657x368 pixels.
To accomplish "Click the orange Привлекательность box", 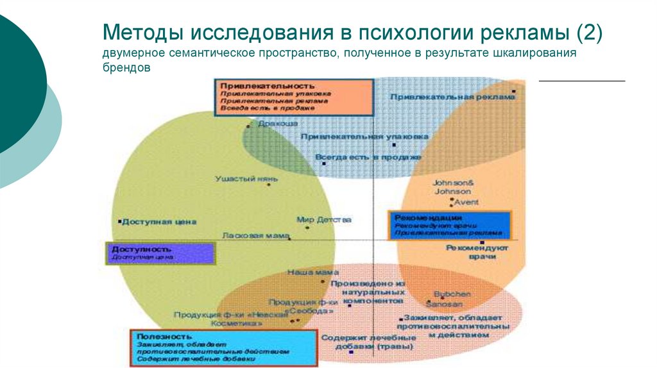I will pos(294,96).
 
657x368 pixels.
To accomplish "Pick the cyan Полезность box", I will pos(223,347).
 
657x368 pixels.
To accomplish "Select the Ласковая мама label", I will pos(255,235).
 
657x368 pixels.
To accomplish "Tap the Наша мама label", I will pos(303,272).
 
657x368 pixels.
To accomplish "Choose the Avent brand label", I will pos(466,203).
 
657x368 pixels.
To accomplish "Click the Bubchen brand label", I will pos(452,293).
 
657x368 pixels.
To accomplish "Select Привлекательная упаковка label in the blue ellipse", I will pos(364,137).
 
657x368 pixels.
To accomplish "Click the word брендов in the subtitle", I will pos(126,67).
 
